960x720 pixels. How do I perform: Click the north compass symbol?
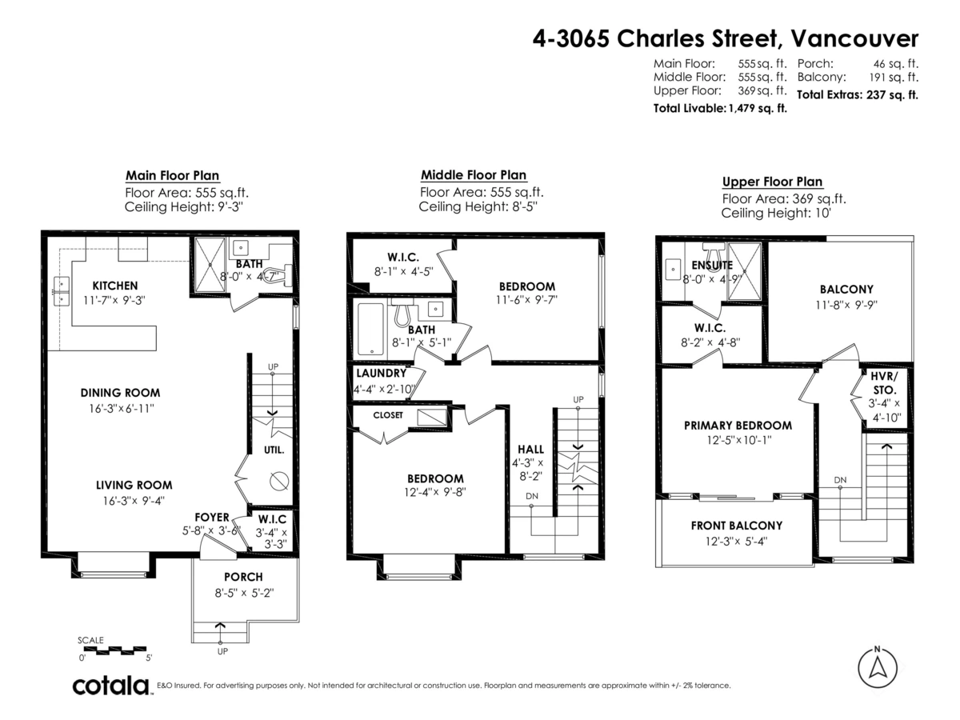[878, 666]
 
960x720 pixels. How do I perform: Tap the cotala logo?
[111, 686]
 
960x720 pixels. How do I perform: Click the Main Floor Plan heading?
[172, 176]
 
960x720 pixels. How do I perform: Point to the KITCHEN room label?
[115, 286]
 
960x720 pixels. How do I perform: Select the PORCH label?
[243, 577]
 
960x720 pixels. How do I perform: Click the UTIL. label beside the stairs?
[274, 450]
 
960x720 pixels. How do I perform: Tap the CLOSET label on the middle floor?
[388, 415]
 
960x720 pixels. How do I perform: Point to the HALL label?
[530, 450]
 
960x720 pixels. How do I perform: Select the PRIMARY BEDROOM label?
[738, 426]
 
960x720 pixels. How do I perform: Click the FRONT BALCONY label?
[736, 526]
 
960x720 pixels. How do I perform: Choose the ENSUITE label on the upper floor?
[712, 265]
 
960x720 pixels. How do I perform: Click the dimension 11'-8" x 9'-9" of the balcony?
[846, 305]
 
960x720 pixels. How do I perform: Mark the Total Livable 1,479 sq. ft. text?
[720, 108]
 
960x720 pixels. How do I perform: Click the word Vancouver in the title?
[859, 38]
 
